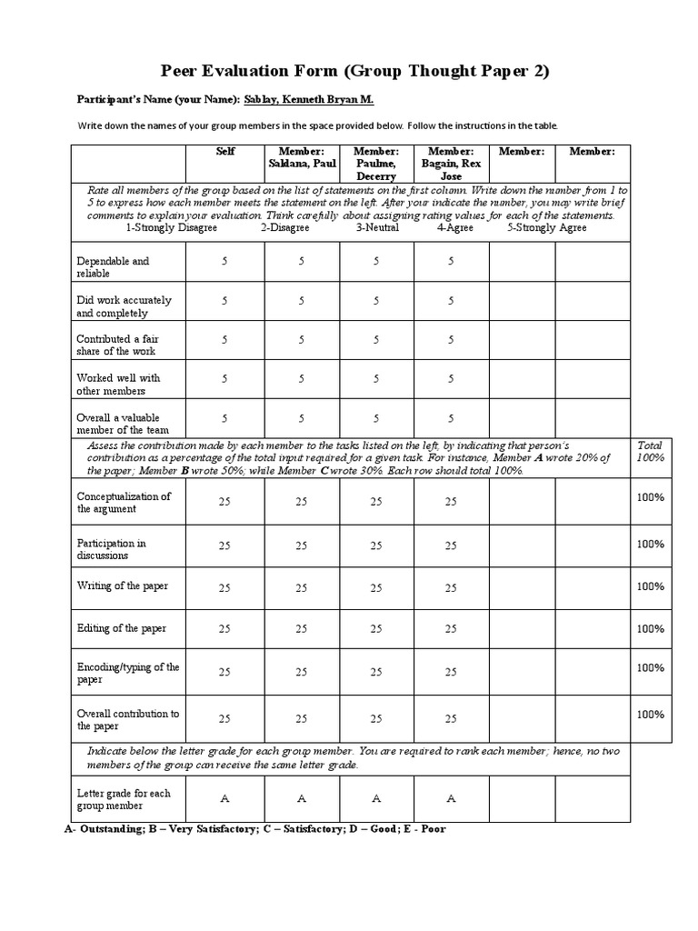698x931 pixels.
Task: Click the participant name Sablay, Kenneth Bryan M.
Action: pyautogui.click(x=309, y=100)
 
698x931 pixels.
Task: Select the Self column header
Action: pyautogui.click(x=225, y=152)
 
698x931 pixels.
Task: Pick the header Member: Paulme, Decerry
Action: pyautogui.click(x=376, y=164)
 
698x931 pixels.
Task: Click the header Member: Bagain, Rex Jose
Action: pyautogui.click(x=452, y=164)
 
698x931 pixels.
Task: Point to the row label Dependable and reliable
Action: pyautogui.click(x=113, y=266)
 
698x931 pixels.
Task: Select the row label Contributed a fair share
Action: pyautogui.click(x=115, y=345)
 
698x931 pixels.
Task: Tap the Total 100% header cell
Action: pyautogui.click(x=650, y=451)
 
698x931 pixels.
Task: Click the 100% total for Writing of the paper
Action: pyautogui.click(x=650, y=586)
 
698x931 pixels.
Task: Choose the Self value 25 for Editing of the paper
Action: pyautogui.click(x=224, y=629)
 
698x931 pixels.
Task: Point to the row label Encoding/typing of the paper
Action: pyautogui.click(x=128, y=673)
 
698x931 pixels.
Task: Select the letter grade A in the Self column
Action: pyautogui.click(x=224, y=799)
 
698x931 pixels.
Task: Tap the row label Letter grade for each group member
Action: pyautogui.click(x=123, y=799)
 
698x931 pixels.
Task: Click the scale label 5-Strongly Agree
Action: pyautogui.click(x=546, y=228)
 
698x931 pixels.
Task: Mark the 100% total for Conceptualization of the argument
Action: pyautogui.click(x=650, y=499)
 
